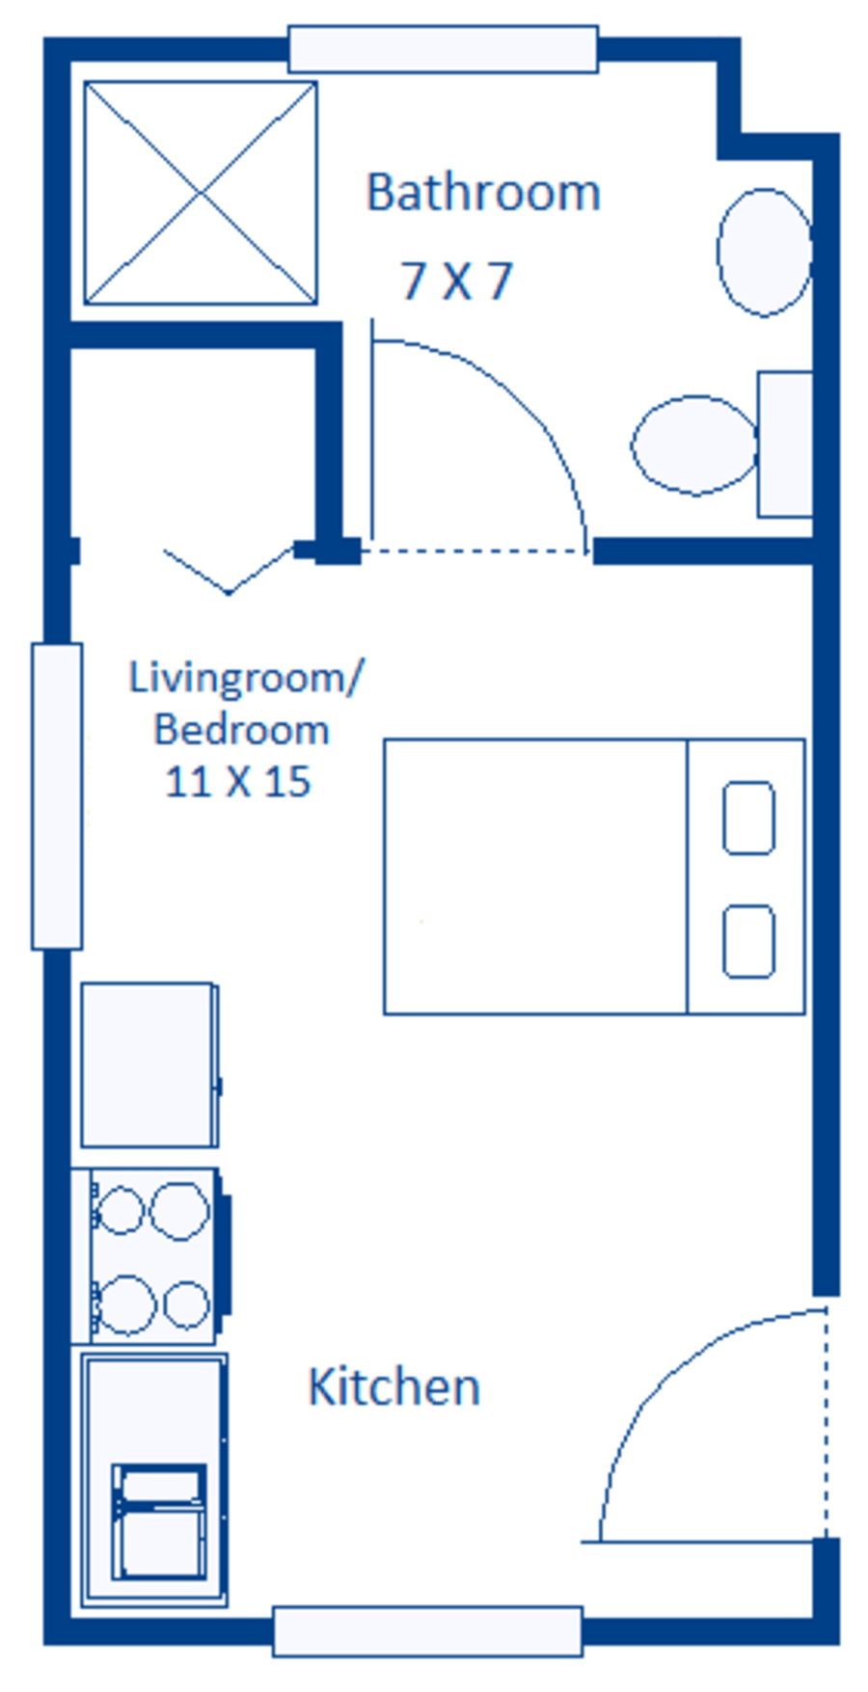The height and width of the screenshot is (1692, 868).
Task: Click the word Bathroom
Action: tap(483, 193)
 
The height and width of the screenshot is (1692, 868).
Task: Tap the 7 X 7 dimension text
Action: tap(456, 282)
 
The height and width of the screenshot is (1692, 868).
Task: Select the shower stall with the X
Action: tap(201, 193)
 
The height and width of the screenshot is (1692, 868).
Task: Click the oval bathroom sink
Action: tap(764, 252)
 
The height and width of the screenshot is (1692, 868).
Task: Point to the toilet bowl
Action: tap(693, 444)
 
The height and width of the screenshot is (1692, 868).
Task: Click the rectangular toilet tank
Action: tap(784, 444)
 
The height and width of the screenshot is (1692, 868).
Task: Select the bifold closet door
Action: tap(230, 571)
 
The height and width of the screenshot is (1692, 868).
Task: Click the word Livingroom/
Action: tap(247, 678)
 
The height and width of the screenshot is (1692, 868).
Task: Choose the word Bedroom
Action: tap(242, 730)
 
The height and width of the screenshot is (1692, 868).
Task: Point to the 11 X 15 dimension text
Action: tap(238, 782)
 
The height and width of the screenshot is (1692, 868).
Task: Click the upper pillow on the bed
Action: tap(748, 818)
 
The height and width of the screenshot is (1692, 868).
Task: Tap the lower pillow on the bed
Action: tap(748, 941)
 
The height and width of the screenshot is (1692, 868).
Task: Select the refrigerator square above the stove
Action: tap(149, 1064)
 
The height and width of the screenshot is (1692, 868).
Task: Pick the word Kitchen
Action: tap(393, 1387)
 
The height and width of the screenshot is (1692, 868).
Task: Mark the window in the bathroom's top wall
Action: tap(443, 49)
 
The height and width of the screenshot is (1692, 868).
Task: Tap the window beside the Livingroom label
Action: tap(57, 796)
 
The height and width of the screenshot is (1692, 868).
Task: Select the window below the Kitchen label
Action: tap(427, 1631)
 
